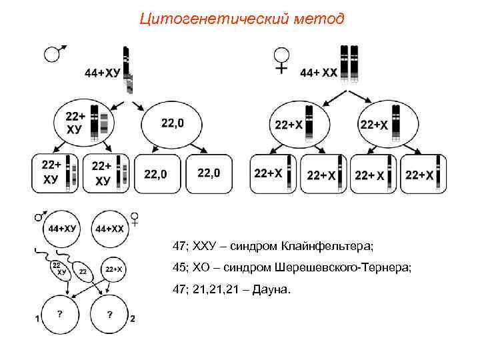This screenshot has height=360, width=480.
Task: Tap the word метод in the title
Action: pos(318,18)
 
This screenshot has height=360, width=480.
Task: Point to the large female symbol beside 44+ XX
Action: pos(281,60)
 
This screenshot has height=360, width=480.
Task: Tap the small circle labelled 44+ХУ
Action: pos(61,228)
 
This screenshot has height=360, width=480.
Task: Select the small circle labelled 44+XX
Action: pos(110,228)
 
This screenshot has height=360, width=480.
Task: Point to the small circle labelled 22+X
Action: pos(113,269)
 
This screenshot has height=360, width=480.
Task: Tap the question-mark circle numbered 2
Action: pos(109,315)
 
